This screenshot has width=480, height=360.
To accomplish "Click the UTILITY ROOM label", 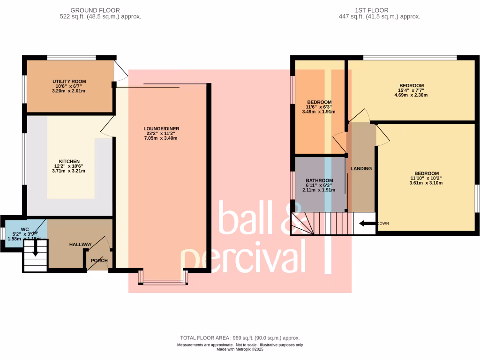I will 69,81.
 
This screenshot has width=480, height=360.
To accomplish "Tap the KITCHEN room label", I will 69,161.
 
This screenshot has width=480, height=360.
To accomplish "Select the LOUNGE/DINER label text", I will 161,128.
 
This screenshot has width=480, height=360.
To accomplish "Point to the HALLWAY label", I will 81,245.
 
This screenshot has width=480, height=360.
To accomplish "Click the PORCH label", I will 99,261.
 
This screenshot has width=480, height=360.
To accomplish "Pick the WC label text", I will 18,230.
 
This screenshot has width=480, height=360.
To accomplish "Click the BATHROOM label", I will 319,180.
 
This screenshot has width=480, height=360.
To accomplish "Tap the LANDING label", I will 361,169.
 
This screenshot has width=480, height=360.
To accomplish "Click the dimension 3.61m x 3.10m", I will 426,183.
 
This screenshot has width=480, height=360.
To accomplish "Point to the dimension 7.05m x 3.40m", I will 161,138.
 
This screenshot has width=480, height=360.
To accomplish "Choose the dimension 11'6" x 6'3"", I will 319,107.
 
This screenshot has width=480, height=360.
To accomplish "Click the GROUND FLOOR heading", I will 95,10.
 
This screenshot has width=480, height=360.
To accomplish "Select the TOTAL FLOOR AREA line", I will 240,338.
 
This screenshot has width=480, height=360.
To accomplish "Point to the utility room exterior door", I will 120,73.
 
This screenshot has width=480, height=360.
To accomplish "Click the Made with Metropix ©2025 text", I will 240,349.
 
